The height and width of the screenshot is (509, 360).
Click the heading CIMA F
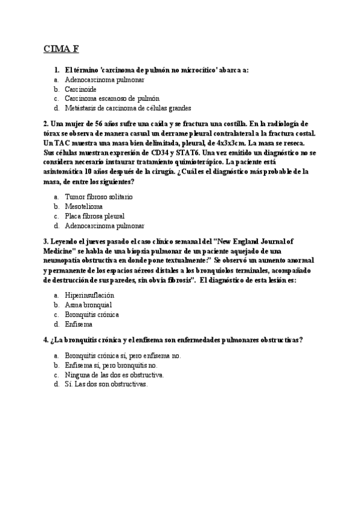[x=62, y=49]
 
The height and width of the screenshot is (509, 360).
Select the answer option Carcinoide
[x=80, y=89]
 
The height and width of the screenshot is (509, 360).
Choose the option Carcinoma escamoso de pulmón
[x=112, y=98]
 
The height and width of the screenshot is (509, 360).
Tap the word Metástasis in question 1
[x=80, y=108]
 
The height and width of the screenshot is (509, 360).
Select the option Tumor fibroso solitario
[x=98, y=196]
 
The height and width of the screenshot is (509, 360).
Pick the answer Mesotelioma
[x=83, y=206]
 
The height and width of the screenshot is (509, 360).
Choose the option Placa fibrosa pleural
[x=94, y=215]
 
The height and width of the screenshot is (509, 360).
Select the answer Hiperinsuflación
[x=89, y=295]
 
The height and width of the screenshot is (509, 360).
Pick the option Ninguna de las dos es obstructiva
[x=114, y=375]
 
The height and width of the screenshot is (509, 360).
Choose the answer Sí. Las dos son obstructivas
[x=106, y=384]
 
